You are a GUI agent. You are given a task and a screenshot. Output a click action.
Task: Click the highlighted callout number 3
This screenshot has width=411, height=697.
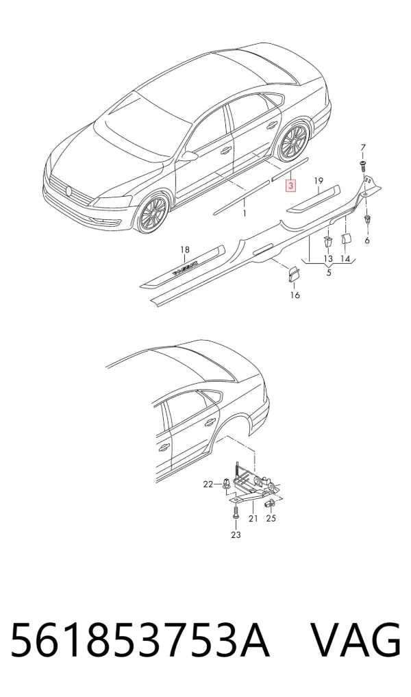pyautogui.click(x=290, y=185)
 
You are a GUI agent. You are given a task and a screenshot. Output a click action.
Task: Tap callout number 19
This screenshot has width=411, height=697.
pyautogui.click(x=318, y=181)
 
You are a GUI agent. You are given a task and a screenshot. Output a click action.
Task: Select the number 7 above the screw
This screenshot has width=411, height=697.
pyautogui.click(x=363, y=148)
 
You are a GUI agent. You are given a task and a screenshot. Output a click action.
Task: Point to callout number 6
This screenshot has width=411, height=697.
pyautogui.click(x=367, y=241)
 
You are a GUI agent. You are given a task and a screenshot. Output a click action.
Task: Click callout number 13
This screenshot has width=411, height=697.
pyautogui.click(x=328, y=258)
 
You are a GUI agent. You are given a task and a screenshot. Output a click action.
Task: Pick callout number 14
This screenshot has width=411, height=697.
pyautogui.click(x=345, y=258)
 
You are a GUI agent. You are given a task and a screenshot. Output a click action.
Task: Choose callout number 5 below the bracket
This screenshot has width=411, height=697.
pyautogui.click(x=329, y=273)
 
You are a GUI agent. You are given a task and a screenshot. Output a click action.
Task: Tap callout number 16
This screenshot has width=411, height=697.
pyautogui.click(x=295, y=295)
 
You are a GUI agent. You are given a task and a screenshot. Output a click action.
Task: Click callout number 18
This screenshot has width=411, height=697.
pyautogui.click(x=185, y=250)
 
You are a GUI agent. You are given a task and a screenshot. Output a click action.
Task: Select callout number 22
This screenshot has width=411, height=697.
pyautogui.click(x=208, y=485)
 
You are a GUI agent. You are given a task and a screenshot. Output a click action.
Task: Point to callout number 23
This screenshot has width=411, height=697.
pyautogui.click(x=236, y=535)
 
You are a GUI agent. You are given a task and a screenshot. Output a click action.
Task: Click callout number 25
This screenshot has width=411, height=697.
pyautogui.click(x=271, y=518)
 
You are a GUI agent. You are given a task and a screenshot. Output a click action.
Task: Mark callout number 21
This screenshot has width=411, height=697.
pyautogui.click(x=253, y=518)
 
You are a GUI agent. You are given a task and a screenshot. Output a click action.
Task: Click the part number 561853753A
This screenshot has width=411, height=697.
pyautogui.click(x=140, y=641)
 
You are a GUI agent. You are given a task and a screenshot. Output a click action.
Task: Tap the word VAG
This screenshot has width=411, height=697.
pyautogui.click(x=355, y=641)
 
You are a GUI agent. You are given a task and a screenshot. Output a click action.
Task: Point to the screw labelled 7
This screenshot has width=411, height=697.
pyautogui.click(x=363, y=167)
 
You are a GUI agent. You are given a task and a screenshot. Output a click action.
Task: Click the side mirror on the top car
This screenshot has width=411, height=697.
pyautogui.click(x=189, y=156)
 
